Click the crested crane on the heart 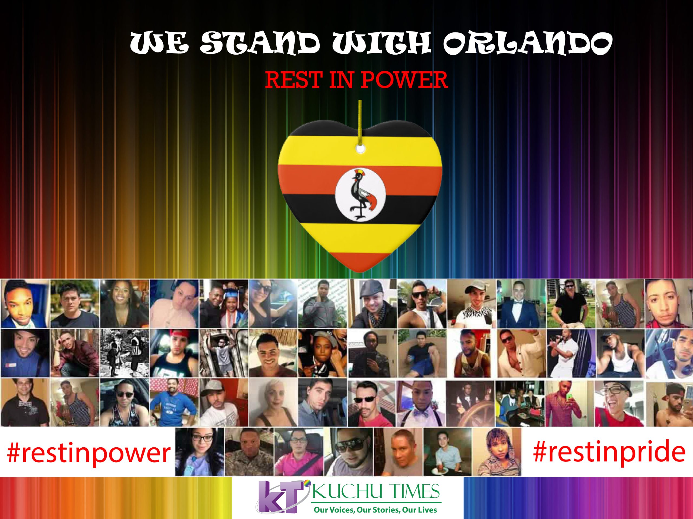[361, 194]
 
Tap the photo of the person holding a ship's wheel [470, 402]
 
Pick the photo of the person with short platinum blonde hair [273, 402]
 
